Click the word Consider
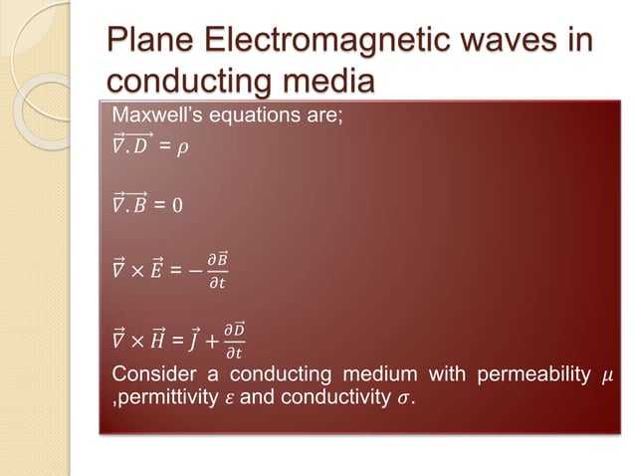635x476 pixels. pos(148,375)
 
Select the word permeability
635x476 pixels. pos(533,375)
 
